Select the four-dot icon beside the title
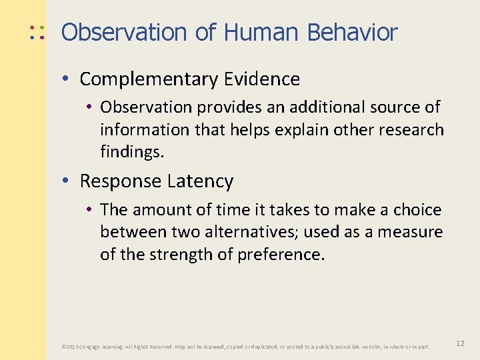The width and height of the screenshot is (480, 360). point(37,32)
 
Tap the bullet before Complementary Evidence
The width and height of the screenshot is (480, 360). point(68,79)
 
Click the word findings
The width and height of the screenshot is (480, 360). point(131,152)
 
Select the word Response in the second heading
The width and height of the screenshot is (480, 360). point(121,181)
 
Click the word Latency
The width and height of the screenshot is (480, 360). point(200,181)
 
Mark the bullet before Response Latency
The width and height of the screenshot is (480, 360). point(68,181)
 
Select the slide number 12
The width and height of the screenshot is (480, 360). point(460,343)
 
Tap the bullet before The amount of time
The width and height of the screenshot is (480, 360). point(89,210)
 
